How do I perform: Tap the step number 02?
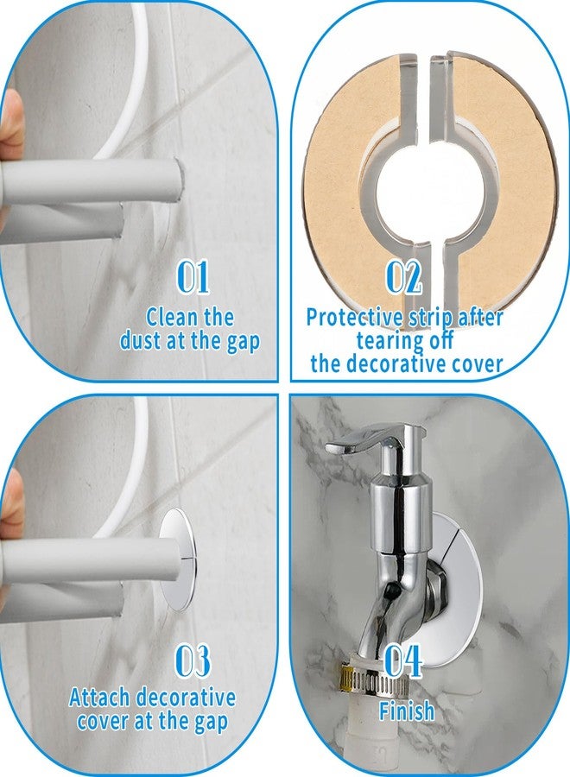(x=403, y=277)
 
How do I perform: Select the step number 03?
(x=193, y=661)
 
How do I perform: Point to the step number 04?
(x=403, y=661)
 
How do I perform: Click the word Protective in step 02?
(x=357, y=317)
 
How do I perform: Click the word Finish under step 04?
(x=406, y=711)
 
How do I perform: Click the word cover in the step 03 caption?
(x=110, y=721)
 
